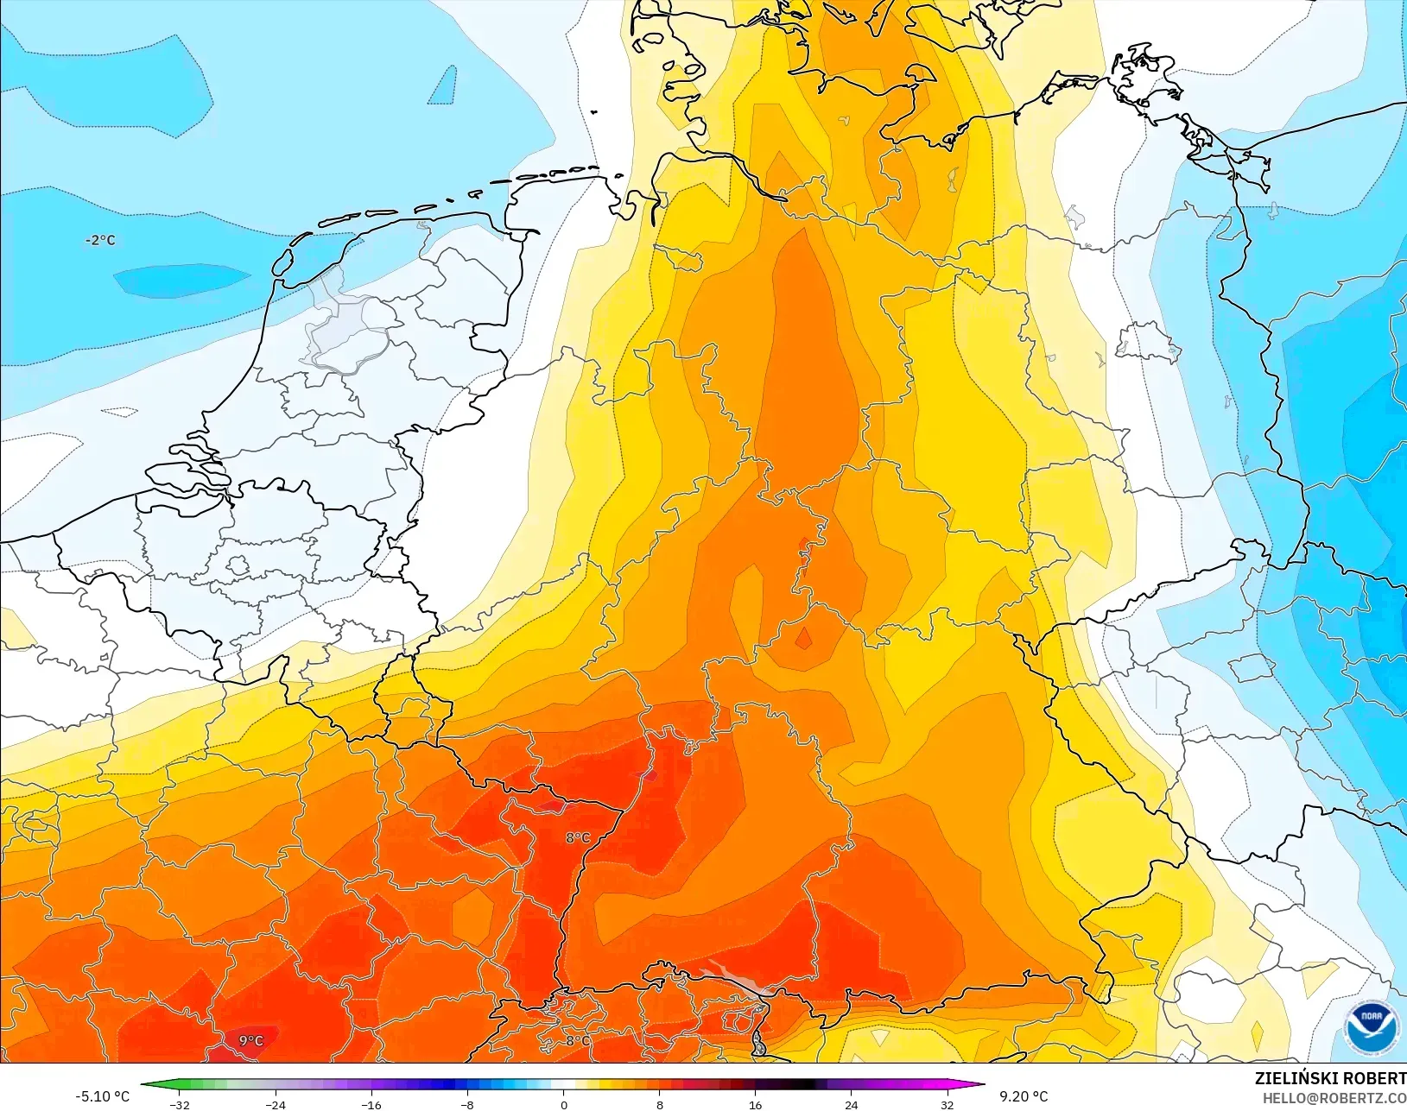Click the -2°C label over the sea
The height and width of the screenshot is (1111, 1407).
[x=100, y=240]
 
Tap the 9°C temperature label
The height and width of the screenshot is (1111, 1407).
[x=251, y=1040]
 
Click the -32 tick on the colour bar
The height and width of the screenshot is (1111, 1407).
[x=180, y=1104]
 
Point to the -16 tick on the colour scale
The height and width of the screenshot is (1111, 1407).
[x=371, y=1104]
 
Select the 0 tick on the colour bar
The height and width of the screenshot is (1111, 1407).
[x=563, y=1104]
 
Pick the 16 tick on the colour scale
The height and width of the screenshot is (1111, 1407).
[x=755, y=1104]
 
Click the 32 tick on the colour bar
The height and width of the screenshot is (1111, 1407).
[x=947, y=1104]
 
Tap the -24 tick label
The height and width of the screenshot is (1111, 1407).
[x=276, y=1104]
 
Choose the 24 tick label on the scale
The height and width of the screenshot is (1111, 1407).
[x=851, y=1104]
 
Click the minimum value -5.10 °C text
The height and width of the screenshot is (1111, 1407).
[x=102, y=1096]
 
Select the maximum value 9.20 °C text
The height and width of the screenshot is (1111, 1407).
[x=1024, y=1096]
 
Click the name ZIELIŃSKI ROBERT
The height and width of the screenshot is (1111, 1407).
[x=1330, y=1078]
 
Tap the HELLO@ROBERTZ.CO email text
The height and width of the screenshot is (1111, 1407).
[x=1334, y=1098]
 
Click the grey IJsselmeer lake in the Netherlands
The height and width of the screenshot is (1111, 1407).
[x=333, y=319]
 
